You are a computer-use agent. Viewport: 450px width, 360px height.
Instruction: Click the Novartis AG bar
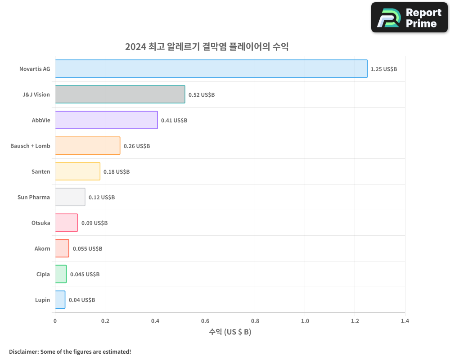click(211, 69)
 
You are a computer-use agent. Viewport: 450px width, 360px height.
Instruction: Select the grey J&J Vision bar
click(120, 94)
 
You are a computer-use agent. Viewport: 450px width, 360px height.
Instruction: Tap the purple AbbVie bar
click(106, 120)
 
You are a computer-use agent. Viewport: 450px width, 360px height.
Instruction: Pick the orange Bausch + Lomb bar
click(87, 146)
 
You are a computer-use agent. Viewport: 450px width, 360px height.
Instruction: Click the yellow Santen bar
click(77, 171)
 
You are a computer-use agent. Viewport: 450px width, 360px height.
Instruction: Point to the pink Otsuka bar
click(66, 223)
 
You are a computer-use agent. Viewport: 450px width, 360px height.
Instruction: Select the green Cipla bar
click(61, 274)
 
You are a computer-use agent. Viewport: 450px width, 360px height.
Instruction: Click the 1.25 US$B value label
click(384, 69)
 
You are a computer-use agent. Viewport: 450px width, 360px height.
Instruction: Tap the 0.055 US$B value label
click(87, 249)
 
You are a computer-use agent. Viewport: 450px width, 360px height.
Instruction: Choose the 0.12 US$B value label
click(102, 198)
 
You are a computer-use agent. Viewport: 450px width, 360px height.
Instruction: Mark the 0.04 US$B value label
click(82, 300)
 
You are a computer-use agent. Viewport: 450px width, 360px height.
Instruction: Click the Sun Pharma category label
click(34, 197)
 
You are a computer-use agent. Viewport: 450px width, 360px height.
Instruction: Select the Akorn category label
click(42, 248)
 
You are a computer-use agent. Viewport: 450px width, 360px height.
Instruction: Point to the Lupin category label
click(42, 300)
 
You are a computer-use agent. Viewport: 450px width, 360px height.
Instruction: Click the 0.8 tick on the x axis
click(255, 321)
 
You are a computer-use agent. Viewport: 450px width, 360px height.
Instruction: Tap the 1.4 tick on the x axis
click(405, 321)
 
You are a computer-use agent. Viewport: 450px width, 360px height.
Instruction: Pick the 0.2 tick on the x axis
click(105, 321)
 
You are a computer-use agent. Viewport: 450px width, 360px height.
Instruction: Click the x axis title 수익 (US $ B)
click(230, 332)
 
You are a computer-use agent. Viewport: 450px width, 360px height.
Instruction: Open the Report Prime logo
click(409, 18)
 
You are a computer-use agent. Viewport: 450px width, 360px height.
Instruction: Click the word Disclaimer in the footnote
click(23, 351)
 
